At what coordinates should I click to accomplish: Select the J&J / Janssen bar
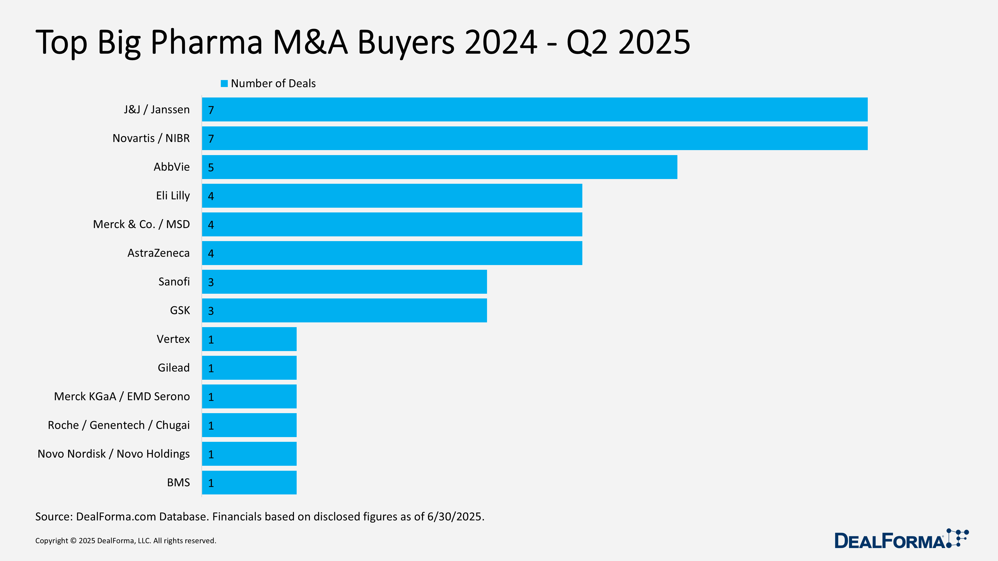pos(535,109)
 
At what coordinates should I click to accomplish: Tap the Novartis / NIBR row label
pos(151,138)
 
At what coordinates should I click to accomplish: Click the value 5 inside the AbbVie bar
pos(211,168)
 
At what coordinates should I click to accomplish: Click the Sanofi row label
pos(174,281)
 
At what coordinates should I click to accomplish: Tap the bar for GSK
pos(344,310)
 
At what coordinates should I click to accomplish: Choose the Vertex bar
pos(249,339)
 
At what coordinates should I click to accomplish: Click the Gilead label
pos(174,368)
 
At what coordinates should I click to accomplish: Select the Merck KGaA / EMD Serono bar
pos(249,396)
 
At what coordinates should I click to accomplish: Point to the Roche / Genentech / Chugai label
pos(119,425)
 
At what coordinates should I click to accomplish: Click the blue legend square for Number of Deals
pos(224,84)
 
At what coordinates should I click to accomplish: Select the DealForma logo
pos(900,539)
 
